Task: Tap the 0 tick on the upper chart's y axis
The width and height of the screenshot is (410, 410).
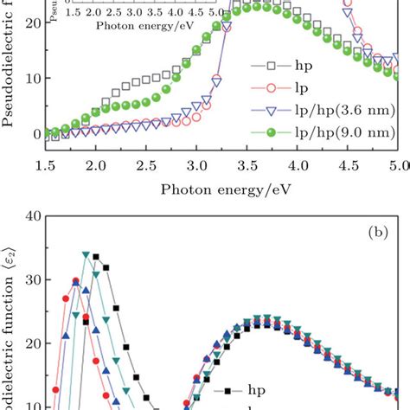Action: point(24,134)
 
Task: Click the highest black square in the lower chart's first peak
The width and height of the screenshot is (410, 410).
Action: point(96,257)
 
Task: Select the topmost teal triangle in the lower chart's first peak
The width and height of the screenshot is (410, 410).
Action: point(86,254)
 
